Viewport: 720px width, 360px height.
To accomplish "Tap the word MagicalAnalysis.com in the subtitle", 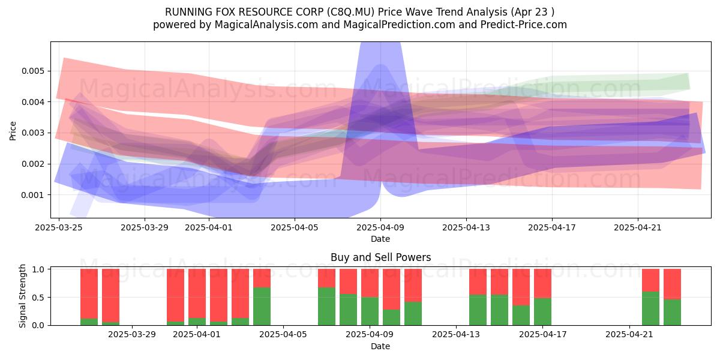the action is click(x=266, y=25).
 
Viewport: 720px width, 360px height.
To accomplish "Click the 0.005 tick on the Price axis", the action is click(x=32, y=71).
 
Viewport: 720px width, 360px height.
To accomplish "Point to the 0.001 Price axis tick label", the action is click(x=32, y=195).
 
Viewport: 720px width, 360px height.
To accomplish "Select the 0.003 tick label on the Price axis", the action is click(x=32, y=133).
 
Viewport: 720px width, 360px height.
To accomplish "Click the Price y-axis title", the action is click(x=13, y=131).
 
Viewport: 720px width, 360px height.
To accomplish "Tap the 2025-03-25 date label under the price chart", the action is click(x=59, y=227).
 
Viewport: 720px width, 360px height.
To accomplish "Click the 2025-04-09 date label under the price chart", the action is click(x=380, y=227).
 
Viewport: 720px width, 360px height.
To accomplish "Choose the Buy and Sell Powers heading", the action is click(x=380, y=257).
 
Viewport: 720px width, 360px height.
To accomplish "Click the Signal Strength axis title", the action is click(x=22, y=296).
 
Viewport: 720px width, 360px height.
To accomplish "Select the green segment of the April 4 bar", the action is click(x=262, y=307).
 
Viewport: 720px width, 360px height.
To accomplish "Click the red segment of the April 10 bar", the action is click(x=413, y=286).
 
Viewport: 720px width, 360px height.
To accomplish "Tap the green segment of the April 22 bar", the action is click(x=650, y=308).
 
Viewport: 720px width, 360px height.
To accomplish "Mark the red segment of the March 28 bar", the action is click(x=110, y=295).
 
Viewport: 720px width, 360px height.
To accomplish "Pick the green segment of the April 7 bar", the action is click(x=326, y=307).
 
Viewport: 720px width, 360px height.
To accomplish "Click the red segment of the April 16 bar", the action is click(x=521, y=287).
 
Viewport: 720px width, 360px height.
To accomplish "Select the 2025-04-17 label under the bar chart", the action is click(x=543, y=335).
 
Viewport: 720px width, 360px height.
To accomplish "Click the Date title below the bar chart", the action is click(x=380, y=346).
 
